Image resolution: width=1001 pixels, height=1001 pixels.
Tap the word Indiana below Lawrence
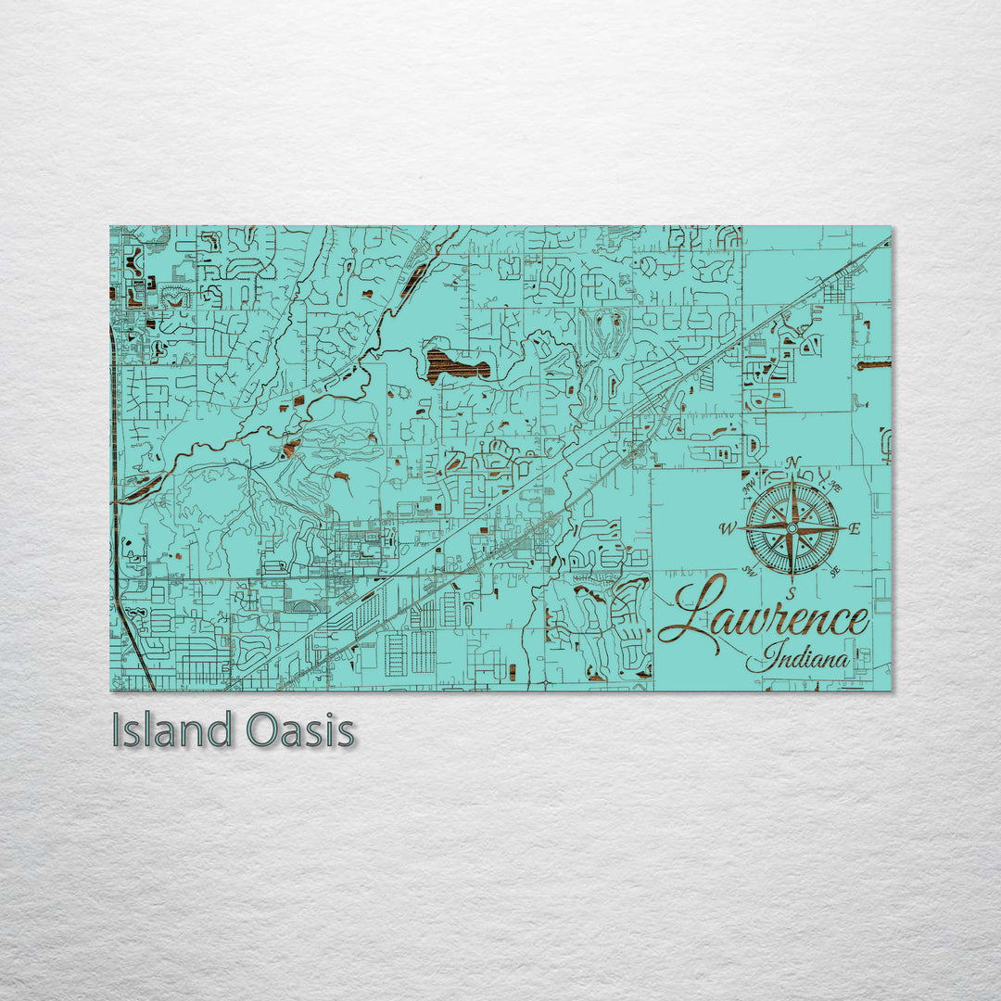[x=805, y=659]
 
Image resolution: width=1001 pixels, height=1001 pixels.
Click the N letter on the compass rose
[x=792, y=463]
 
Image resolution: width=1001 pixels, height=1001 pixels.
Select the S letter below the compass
[x=791, y=592]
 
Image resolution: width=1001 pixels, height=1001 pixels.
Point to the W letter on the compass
[x=727, y=529]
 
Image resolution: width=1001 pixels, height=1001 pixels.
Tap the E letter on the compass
[x=855, y=529]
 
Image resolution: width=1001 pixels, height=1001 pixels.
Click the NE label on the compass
[x=835, y=487]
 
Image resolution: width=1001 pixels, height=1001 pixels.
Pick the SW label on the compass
[x=748, y=571]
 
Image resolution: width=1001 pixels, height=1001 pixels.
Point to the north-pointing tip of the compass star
[x=792, y=477]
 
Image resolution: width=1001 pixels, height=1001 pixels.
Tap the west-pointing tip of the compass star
[x=741, y=528]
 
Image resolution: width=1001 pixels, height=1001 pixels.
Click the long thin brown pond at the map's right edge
[x=874, y=365]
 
